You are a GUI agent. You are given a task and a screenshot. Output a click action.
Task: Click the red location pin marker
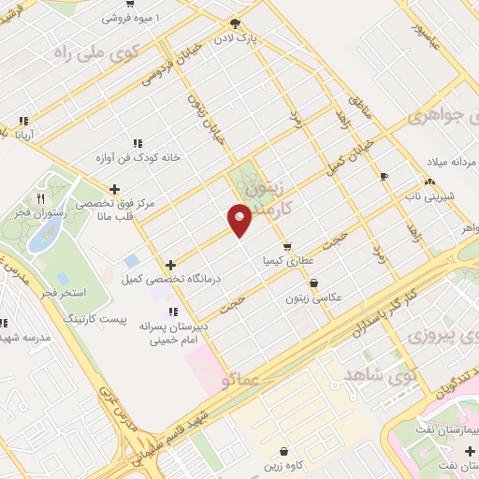pos(240,218)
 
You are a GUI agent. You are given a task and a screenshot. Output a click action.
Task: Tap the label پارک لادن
pos(258,40)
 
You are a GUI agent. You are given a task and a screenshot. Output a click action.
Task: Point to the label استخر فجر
pos(64,293)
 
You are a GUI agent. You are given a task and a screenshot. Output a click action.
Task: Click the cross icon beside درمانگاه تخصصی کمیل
pos(169,266)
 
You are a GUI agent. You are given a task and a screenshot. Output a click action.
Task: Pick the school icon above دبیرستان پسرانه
pos(170,312)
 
